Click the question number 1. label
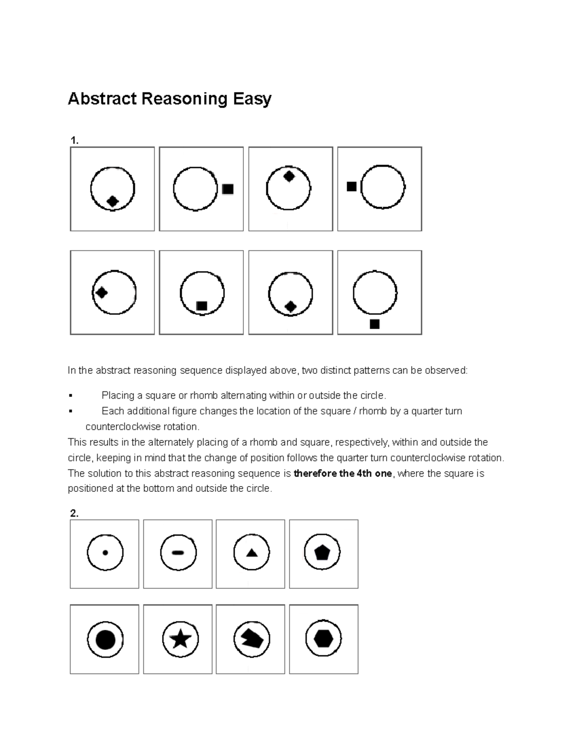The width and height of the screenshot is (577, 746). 74,141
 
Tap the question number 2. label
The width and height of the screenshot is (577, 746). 74,514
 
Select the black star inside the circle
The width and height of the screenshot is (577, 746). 180,639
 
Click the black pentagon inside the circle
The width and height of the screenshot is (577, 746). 322,553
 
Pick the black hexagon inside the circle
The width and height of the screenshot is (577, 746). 323,639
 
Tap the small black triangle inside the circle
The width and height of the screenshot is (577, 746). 251,553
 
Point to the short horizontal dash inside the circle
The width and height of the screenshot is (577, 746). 178,553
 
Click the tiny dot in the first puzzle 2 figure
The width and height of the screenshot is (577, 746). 105,553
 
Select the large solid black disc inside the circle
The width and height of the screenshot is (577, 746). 105,640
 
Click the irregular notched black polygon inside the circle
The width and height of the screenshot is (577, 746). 252,639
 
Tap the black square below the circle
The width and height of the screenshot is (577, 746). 375,324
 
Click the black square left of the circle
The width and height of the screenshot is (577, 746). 351,186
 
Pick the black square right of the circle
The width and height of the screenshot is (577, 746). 228,189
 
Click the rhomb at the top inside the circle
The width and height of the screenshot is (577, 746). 288,176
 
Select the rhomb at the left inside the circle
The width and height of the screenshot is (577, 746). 101,292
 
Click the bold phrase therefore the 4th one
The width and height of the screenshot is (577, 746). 342,474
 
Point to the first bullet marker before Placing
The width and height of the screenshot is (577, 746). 70,396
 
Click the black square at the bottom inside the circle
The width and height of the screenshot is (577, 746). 202,306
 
